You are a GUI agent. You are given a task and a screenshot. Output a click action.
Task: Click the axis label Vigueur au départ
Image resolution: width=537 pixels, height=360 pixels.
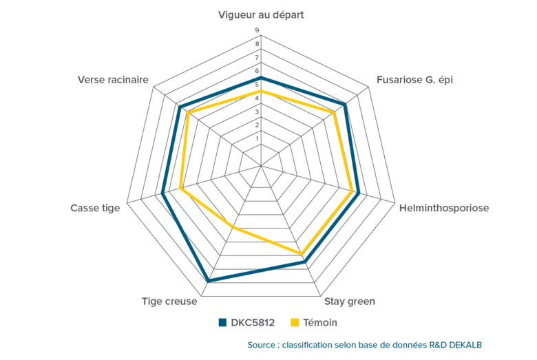[261, 14]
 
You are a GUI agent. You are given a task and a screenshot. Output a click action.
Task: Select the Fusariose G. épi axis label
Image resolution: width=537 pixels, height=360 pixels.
[414, 81]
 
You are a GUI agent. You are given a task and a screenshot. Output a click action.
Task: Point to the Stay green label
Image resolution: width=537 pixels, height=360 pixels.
[349, 301]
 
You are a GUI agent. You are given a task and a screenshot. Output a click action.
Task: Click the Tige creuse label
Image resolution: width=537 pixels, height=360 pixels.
[169, 301]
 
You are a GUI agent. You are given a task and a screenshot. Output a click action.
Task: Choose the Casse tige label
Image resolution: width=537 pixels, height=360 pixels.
[95, 208]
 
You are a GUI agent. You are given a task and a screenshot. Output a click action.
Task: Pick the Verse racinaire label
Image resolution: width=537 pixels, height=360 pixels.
[114, 81]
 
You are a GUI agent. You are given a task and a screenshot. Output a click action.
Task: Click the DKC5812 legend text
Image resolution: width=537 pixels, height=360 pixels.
[253, 322]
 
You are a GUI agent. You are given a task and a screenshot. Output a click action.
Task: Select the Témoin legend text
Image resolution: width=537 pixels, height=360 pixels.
[320, 322]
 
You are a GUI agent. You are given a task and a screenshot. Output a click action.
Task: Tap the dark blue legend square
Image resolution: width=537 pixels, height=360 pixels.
[222, 322]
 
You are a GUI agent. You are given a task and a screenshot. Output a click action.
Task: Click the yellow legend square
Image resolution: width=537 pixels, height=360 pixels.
[295, 322]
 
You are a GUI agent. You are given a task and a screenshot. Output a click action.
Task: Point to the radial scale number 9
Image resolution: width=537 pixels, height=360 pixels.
[257, 31]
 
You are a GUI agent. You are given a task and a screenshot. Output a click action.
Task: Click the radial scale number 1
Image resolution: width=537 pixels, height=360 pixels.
[257, 139]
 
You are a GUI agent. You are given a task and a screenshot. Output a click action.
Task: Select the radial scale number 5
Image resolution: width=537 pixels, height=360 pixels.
[257, 85]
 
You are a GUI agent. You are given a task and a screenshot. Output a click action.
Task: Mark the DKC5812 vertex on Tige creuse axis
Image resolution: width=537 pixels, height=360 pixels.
[209, 280]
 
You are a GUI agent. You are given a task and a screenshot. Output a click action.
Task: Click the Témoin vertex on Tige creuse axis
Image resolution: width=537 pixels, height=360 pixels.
[233, 226]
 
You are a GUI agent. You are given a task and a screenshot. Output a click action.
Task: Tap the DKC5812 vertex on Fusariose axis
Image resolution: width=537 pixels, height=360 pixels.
[345, 104]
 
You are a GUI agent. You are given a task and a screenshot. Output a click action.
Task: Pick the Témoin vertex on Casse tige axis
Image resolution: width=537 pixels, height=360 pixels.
[181, 187]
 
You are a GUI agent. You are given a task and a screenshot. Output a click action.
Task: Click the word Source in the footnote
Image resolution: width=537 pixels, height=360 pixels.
[263, 344]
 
